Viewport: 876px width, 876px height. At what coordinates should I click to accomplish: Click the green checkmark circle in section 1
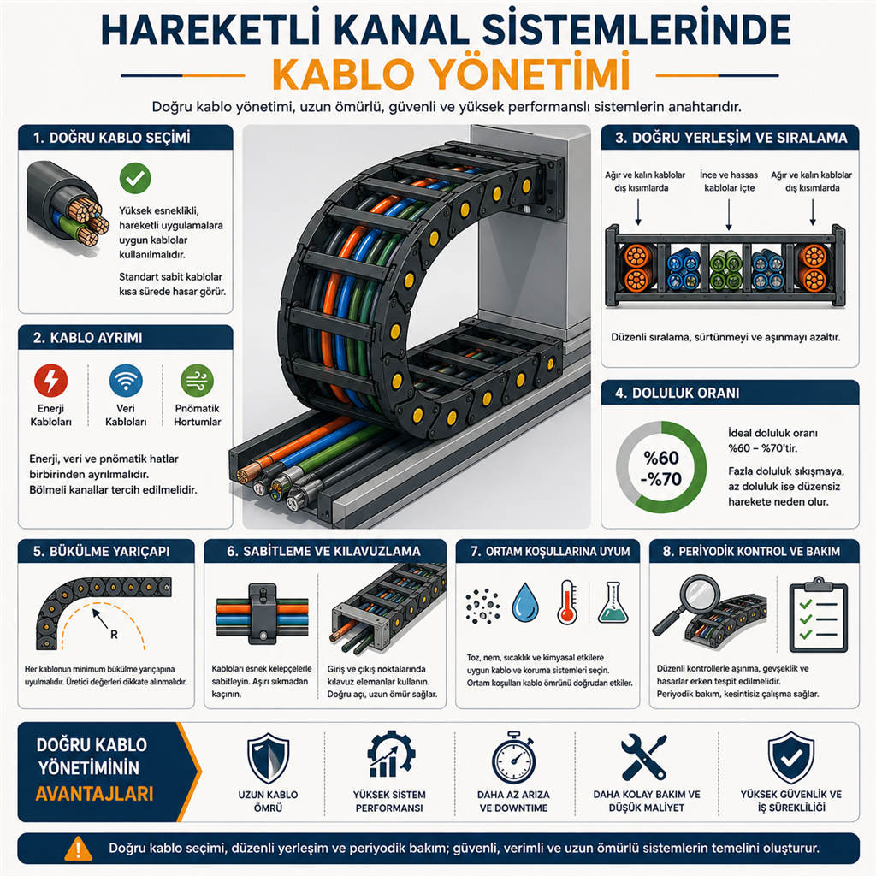click(135, 178)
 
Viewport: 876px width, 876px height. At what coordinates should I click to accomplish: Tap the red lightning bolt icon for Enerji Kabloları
click(50, 381)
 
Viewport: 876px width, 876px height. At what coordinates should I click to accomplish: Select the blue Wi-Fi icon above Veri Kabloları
click(126, 381)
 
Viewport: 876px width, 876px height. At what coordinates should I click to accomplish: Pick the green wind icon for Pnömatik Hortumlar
click(198, 381)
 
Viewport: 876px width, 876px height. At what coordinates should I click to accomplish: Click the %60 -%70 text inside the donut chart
click(661, 468)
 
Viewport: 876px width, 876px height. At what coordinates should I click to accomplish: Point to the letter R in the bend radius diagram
click(114, 635)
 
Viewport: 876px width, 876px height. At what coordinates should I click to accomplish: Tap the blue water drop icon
click(526, 604)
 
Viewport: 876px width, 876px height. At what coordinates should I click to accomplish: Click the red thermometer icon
click(568, 602)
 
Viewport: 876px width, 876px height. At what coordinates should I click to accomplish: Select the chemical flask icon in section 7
click(613, 602)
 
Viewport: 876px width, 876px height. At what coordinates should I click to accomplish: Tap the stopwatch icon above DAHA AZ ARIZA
click(513, 757)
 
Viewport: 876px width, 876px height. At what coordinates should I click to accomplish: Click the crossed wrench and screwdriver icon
click(644, 757)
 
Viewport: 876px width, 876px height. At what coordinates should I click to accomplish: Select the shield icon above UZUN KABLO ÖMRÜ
click(268, 758)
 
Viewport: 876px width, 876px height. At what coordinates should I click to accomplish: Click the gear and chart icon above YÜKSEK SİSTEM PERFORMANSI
click(391, 755)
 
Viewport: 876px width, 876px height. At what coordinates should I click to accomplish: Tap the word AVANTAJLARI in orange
click(94, 794)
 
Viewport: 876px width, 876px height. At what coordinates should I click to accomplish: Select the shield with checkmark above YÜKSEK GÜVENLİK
click(791, 758)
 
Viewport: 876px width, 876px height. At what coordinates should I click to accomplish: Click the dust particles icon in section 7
click(482, 606)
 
